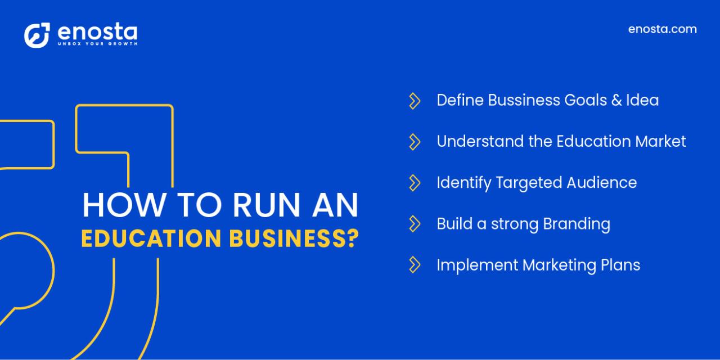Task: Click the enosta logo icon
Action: tap(37, 35)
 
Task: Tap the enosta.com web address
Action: tap(663, 29)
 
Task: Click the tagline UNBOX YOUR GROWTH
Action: tap(98, 44)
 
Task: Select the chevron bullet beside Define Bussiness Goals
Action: tap(415, 101)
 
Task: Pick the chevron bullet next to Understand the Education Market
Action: tap(415, 142)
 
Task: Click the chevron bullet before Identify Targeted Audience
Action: tap(415, 183)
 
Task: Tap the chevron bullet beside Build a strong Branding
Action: tap(415, 224)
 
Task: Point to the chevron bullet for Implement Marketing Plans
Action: tap(415, 265)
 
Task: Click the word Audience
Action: tap(601, 182)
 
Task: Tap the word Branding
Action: tap(577, 224)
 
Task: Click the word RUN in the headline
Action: tap(267, 205)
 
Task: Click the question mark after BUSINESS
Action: tap(353, 238)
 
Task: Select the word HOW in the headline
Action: tap(124, 205)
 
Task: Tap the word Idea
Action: tap(642, 100)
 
